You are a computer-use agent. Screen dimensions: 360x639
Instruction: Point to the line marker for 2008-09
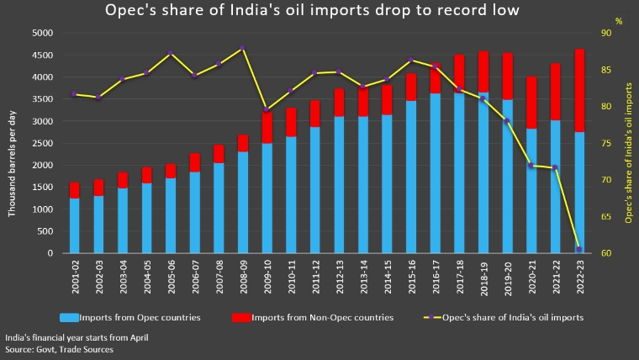(x=242, y=48)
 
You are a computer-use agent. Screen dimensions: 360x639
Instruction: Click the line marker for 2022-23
(x=578, y=249)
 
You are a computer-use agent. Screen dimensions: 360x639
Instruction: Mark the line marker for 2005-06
(x=171, y=53)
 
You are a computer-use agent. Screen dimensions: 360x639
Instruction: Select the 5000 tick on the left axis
(x=42, y=33)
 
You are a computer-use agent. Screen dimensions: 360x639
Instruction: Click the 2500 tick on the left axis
(x=42, y=143)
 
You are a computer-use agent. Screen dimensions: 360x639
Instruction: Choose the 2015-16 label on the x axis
(x=411, y=275)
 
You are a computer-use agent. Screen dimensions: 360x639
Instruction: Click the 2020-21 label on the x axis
(x=531, y=275)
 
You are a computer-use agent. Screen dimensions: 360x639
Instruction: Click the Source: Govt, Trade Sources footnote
(x=59, y=348)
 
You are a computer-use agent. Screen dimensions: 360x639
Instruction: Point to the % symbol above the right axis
(x=618, y=20)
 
